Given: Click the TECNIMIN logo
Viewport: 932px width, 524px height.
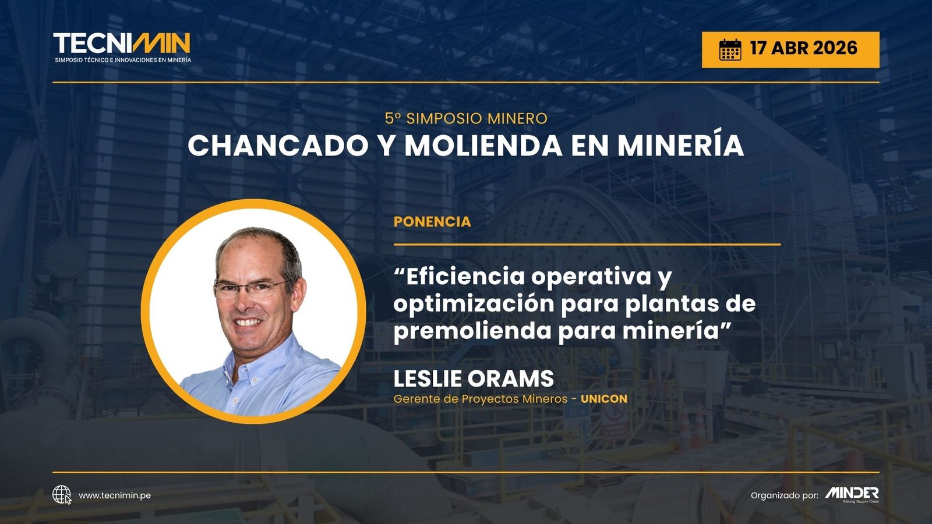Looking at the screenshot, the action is (122, 47).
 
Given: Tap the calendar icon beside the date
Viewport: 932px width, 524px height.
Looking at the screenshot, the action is (730, 49).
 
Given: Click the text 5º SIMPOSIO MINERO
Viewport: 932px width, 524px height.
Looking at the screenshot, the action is (466, 119).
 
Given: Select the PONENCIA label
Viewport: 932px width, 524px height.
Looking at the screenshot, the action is (432, 222).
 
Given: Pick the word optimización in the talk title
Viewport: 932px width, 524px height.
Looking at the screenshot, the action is (473, 305).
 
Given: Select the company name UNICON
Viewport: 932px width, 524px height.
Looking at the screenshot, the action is (604, 399).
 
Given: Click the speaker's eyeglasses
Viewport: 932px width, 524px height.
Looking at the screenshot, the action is (250, 289).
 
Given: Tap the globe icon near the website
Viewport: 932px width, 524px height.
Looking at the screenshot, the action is (62, 495).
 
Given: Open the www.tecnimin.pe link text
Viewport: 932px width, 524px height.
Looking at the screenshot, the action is (115, 495).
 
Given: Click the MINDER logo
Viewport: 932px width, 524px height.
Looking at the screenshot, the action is (852, 494).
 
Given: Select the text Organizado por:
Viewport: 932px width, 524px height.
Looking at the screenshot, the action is (784, 495).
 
